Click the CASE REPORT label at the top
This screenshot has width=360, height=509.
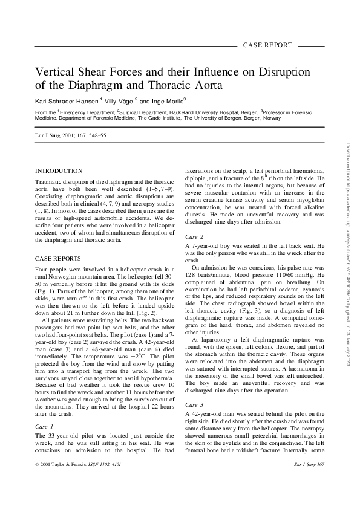[x=267, y=45]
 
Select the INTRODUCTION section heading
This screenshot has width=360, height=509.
[x=59, y=172]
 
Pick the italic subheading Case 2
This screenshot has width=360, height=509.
[x=194, y=236]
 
